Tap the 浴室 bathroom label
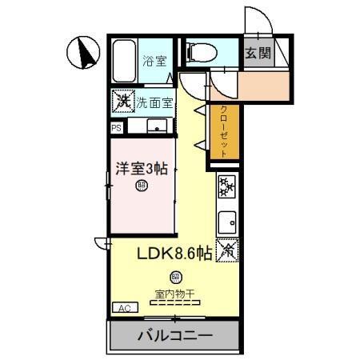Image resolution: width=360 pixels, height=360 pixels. (154, 60)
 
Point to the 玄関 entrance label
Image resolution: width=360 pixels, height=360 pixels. (258, 54)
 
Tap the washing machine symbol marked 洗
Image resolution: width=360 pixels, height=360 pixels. (122, 102)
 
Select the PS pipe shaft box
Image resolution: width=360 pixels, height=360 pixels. (117, 127)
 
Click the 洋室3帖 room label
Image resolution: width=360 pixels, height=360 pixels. (141, 169)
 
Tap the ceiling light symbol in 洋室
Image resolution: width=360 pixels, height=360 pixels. (141, 186)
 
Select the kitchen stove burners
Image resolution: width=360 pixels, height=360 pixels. (226, 188)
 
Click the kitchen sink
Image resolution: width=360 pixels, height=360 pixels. (226, 218)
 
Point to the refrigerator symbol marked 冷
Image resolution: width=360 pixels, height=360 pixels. (226, 250)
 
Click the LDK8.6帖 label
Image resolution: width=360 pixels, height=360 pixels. (174, 254)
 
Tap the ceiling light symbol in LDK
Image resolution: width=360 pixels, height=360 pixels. (174, 277)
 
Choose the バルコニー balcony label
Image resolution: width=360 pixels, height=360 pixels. (174, 335)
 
